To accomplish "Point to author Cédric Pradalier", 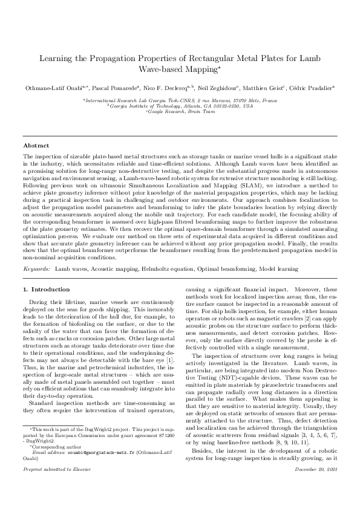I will coord(312,88).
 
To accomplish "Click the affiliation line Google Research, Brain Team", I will coord(180,111).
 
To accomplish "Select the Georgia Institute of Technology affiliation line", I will coord(180,105).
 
